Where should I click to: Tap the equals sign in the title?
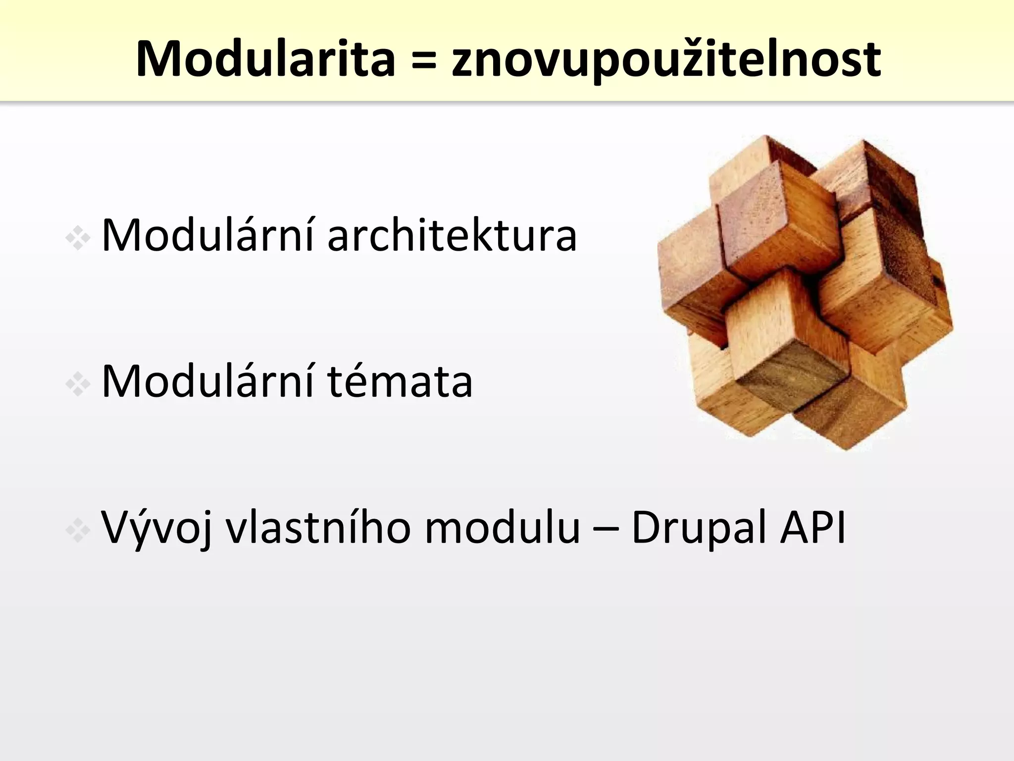pyautogui.click(x=423, y=60)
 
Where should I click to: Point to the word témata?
pyautogui.click(x=400, y=381)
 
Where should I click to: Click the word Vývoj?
pyautogui.click(x=157, y=528)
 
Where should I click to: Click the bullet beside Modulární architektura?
pyautogui.click(x=78, y=238)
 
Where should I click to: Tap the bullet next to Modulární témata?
pyautogui.click(x=78, y=384)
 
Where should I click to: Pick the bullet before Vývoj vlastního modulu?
pyautogui.click(x=78, y=531)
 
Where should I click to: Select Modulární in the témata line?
pyautogui.click(x=207, y=381)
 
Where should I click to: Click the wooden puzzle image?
pyautogui.click(x=805, y=292)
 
